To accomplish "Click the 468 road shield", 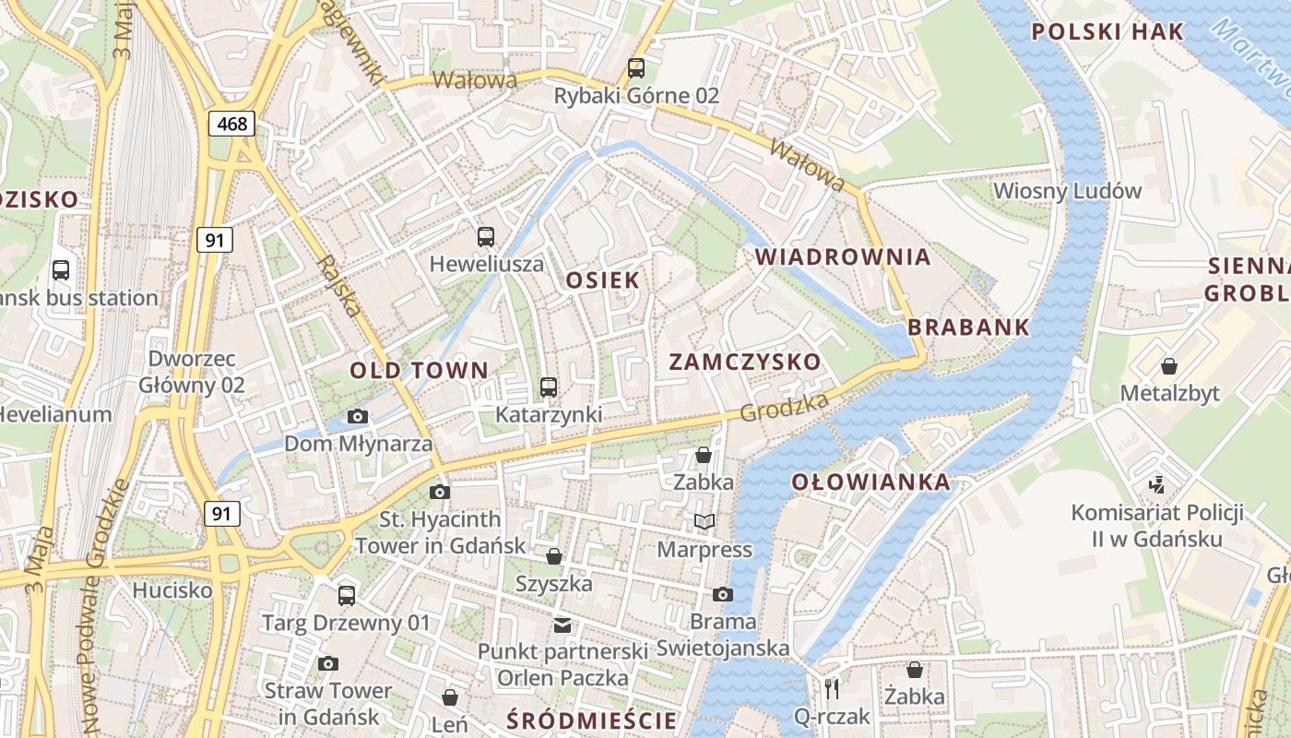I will pos(231,123).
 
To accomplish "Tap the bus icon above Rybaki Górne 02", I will pos(636,67).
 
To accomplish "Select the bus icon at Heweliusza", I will pos(486,236).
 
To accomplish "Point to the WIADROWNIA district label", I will pos(843,257).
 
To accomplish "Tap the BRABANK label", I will pos(968,327).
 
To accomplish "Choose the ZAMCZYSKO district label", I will pos(744,362).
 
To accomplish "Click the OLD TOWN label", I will pos(419,371).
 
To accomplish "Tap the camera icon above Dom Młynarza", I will pos(358,416).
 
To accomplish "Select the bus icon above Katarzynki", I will pos(549,387).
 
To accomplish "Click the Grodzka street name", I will pos(784,407).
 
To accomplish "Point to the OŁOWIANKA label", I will pos(871,482).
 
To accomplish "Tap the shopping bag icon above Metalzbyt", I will pos(1169,365).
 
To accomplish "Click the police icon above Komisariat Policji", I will pos(1156,483).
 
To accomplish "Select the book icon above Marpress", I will pos(705,522).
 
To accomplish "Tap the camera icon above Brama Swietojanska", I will pos(723,594).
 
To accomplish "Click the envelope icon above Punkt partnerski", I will pos(562,625).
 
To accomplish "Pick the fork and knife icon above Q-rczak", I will pos(832,688).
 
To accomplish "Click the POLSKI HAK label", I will pos(1107,31).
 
